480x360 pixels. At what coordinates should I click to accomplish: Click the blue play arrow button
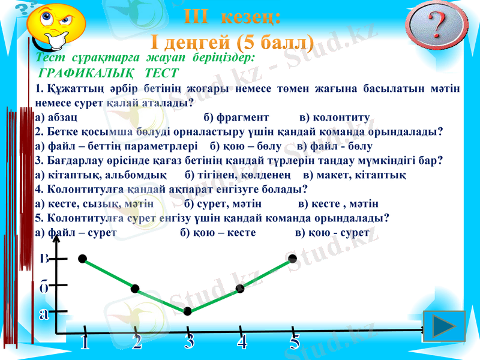tap(444, 327)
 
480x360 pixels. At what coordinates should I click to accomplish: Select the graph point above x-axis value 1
tap(82, 259)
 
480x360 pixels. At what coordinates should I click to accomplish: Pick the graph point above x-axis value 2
tap(135, 289)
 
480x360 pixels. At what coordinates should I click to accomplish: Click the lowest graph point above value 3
tap(188, 311)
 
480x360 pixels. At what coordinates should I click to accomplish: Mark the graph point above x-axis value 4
tap(240, 289)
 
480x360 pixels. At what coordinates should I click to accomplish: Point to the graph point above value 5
tap(293, 259)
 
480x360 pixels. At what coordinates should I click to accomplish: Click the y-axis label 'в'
tap(44, 259)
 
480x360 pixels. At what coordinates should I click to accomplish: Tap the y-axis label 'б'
tap(44, 287)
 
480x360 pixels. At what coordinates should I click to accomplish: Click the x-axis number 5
tap(294, 343)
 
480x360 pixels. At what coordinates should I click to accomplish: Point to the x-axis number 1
tap(85, 343)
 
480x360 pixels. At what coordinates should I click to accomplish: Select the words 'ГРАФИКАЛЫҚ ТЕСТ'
tap(108, 73)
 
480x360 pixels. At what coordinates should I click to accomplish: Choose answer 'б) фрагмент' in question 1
tap(236, 117)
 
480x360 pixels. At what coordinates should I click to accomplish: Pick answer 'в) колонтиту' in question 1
tap(334, 117)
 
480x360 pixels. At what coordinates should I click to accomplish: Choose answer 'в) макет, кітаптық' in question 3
tap(354, 175)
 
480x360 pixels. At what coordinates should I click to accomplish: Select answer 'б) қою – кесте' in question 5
tap(218, 232)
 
